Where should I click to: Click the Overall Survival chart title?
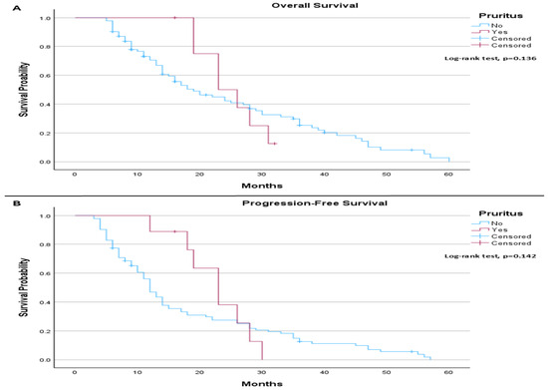click(315, 5)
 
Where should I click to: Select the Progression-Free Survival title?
click(315, 203)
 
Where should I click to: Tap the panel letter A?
click(16, 8)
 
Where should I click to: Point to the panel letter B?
click(16, 203)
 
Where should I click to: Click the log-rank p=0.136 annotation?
click(490, 58)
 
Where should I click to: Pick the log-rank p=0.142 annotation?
click(490, 256)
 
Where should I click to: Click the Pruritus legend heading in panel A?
click(500, 16)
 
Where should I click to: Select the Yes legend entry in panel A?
click(499, 32)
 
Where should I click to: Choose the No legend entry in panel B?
click(496, 223)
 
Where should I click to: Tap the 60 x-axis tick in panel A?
click(448, 175)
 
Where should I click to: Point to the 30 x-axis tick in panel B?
click(262, 372)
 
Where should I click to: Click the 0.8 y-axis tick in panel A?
click(45, 47)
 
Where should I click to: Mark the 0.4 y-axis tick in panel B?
click(45, 302)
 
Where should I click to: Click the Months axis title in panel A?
click(262, 186)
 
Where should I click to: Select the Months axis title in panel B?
click(262, 384)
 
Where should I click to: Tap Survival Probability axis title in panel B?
click(24, 287)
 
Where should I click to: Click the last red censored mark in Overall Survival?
click(275, 144)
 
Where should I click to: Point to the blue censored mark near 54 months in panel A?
click(411, 150)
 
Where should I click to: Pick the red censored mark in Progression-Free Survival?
click(174, 231)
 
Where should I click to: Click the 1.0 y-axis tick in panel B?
click(45, 216)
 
